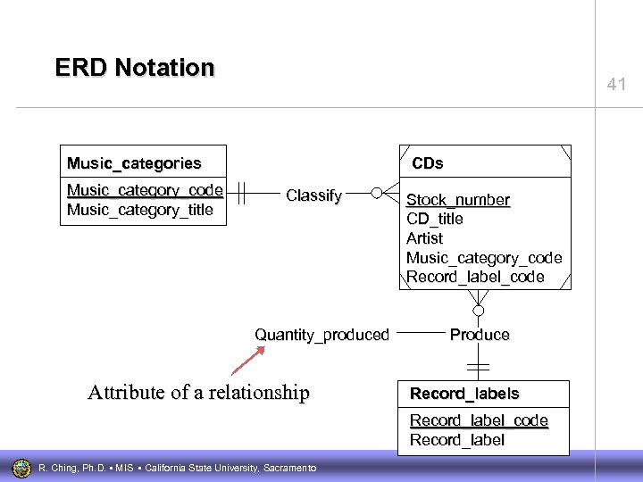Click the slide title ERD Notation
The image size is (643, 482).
[135, 68]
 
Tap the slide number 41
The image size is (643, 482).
[616, 85]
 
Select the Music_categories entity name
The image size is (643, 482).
[134, 163]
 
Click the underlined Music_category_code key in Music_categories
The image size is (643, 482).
[145, 190]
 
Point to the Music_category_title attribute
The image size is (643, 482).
[140, 210]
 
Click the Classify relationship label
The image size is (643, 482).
[313, 195]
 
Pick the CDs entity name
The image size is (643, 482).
[427, 163]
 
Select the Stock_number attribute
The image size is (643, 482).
[458, 200]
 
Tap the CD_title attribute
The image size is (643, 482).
[435, 219]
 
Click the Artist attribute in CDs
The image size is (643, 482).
[424, 238]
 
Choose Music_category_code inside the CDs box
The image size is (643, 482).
[484, 258]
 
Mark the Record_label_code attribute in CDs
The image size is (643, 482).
[475, 277]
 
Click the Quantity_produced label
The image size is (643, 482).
[321, 335]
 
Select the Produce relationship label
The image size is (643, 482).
[480, 335]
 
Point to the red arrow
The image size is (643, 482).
[248, 360]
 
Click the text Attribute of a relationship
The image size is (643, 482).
[198, 393]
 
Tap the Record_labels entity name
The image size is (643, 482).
[464, 394]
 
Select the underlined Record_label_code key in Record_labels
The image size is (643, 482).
[479, 420]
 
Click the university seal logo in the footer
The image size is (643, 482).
[21, 467]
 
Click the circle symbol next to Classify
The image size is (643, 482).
[377, 192]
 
